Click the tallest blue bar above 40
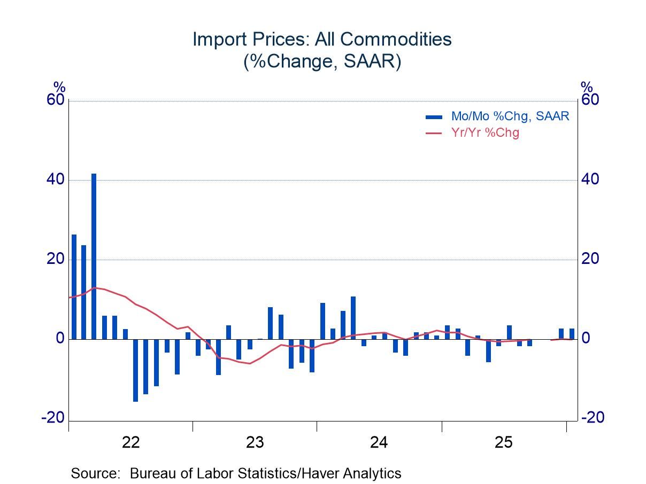click(x=94, y=256)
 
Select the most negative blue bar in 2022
click(x=136, y=370)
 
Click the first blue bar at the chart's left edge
click(x=74, y=287)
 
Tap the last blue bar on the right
click(x=572, y=334)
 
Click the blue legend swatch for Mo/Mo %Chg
click(x=434, y=117)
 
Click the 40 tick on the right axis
click(x=590, y=180)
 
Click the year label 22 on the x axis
click(x=130, y=442)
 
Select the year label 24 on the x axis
click(x=379, y=442)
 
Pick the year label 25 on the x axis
click(x=504, y=442)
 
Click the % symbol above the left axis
click(x=59, y=87)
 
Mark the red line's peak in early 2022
click(x=95, y=287)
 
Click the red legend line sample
click(x=434, y=133)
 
